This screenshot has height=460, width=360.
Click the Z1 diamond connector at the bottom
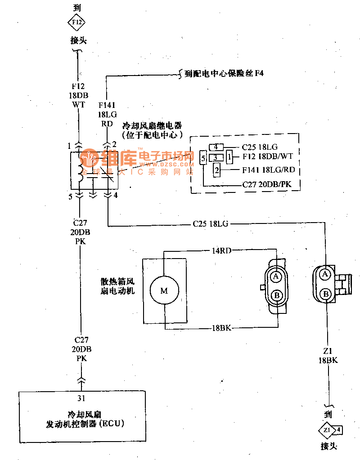pyautogui.click(x=326, y=430)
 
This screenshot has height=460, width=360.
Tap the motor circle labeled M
pyautogui.click(x=164, y=290)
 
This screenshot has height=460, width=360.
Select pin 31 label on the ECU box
pyautogui.click(x=81, y=397)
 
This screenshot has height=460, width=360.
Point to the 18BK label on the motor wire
pyautogui.click(x=221, y=329)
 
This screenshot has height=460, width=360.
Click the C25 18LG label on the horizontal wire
pyautogui.click(x=210, y=223)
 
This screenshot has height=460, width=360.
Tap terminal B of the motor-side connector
pyautogui.click(x=276, y=295)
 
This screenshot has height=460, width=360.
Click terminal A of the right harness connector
pyautogui.click(x=325, y=274)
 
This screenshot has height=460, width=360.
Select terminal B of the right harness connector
pyautogui.click(x=325, y=294)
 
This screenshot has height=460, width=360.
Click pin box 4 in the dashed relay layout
pyautogui.click(x=216, y=147)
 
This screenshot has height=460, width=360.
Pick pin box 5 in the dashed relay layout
pyautogui.click(x=203, y=158)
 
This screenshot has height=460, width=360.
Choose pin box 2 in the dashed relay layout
pyautogui.click(x=217, y=170)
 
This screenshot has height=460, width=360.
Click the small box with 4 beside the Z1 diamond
pyautogui.click(x=339, y=429)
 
